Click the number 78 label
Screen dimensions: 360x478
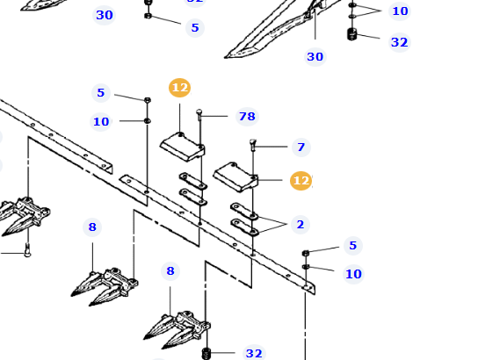coord(246,117)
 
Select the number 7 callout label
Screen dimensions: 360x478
coord(301,148)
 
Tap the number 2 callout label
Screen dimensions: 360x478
coord(300,225)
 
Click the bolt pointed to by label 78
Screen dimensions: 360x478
coord(200,113)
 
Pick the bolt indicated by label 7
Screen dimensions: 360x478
coord(253,145)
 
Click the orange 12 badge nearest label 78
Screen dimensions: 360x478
coord(179,88)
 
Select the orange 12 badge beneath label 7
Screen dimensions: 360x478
coord(301,181)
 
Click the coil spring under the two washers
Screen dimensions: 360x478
coord(351,35)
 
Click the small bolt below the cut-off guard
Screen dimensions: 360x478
coord(26,253)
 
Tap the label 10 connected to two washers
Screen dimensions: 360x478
coord(400,11)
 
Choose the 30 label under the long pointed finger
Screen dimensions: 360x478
coord(315,57)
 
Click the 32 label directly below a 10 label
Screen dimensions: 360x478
coord(399,42)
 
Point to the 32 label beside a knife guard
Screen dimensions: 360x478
coord(253,353)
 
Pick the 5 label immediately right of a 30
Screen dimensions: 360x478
coord(194,28)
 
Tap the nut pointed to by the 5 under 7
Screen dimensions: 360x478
coord(306,253)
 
